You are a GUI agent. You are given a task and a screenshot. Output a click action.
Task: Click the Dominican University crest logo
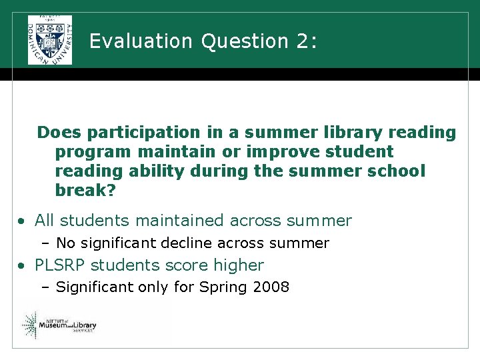click(x=49, y=40)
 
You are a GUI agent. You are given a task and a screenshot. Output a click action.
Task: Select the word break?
click(x=85, y=191)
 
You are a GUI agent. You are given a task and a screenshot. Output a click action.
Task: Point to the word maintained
click(x=181, y=221)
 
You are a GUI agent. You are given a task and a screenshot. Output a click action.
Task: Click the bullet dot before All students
click(x=22, y=221)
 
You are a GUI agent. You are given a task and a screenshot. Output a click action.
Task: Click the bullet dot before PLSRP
click(x=22, y=266)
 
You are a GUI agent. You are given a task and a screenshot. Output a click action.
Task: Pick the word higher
click(x=239, y=265)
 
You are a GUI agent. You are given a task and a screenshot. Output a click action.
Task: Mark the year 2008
click(x=271, y=288)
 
